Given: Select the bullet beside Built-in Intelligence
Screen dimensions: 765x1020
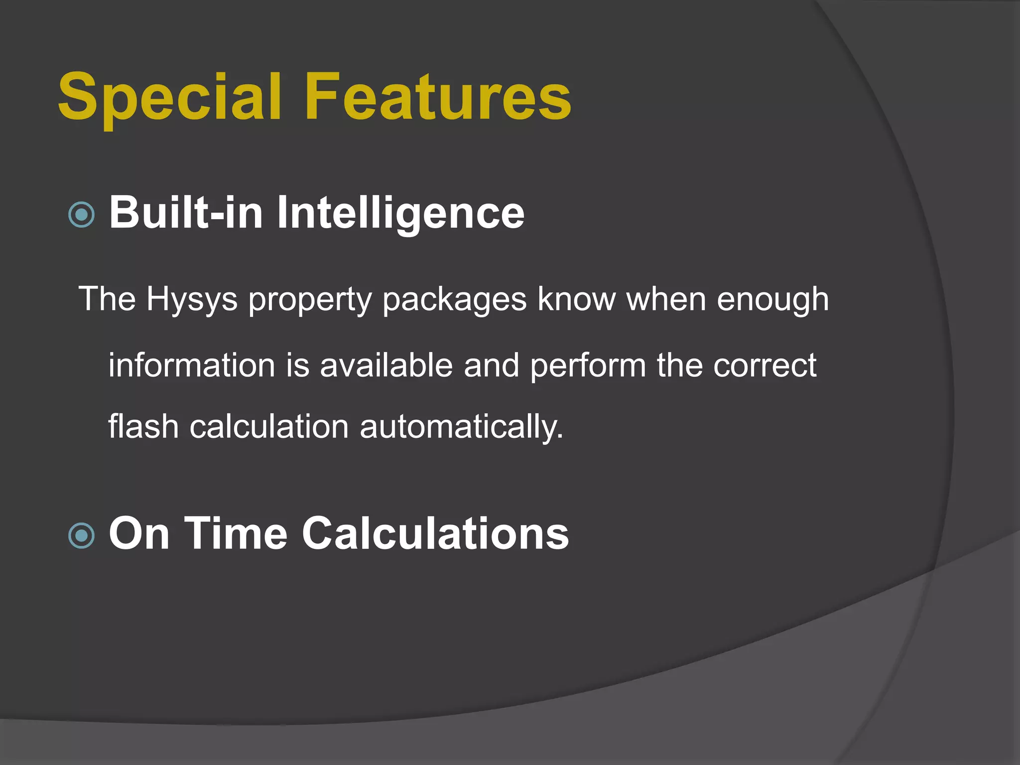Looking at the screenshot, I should [81, 215].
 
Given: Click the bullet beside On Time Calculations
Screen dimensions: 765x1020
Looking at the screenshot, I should [81, 535].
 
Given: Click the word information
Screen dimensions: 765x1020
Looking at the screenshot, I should [192, 365].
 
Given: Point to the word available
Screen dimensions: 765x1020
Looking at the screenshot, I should [386, 365].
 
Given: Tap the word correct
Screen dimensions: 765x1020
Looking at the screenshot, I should [765, 366].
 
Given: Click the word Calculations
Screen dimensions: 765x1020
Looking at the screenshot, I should [435, 533].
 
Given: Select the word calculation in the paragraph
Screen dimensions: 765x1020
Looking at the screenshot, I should [269, 427].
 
